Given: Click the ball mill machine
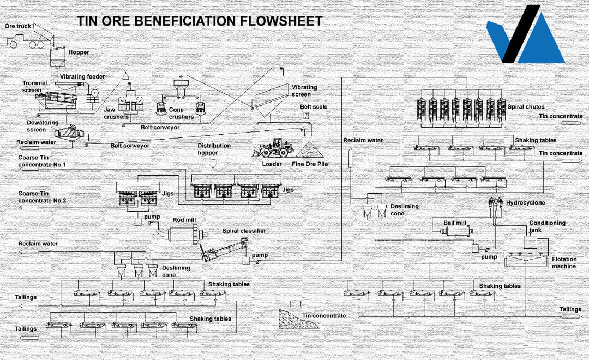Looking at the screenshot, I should (x=459, y=231).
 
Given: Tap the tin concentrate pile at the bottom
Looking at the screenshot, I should (x=298, y=319).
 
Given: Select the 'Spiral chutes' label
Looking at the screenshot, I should (x=526, y=106).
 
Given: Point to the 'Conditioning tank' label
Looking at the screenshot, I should (x=548, y=226).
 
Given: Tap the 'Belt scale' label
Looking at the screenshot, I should (x=314, y=106).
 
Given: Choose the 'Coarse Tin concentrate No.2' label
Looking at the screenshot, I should (x=42, y=197).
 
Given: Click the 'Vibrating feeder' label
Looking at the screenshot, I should (x=82, y=76).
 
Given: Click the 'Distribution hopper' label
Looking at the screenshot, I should (x=214, y=149).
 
